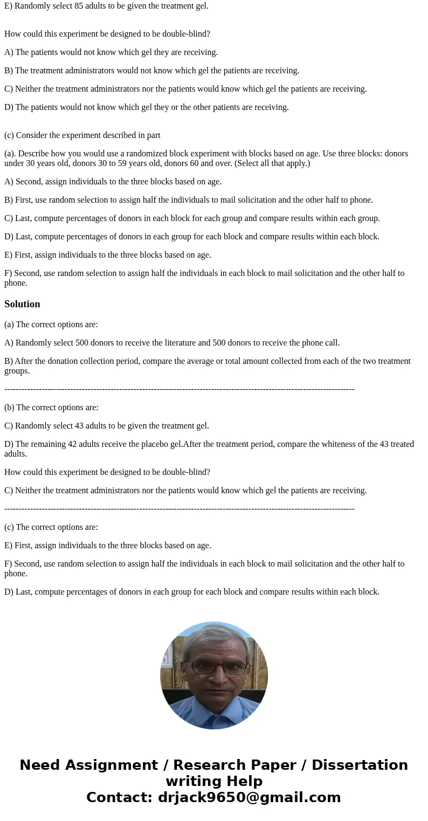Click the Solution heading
[22, 304]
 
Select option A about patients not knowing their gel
[111, 52]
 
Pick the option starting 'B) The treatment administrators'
[151, 71]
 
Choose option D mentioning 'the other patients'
[146, 107]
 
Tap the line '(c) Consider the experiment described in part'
[82, 135]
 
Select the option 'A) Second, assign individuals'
[113, 182]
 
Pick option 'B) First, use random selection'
[188, 200]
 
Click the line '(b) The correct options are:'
[51, 408]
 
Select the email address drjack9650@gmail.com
[249, 798]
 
